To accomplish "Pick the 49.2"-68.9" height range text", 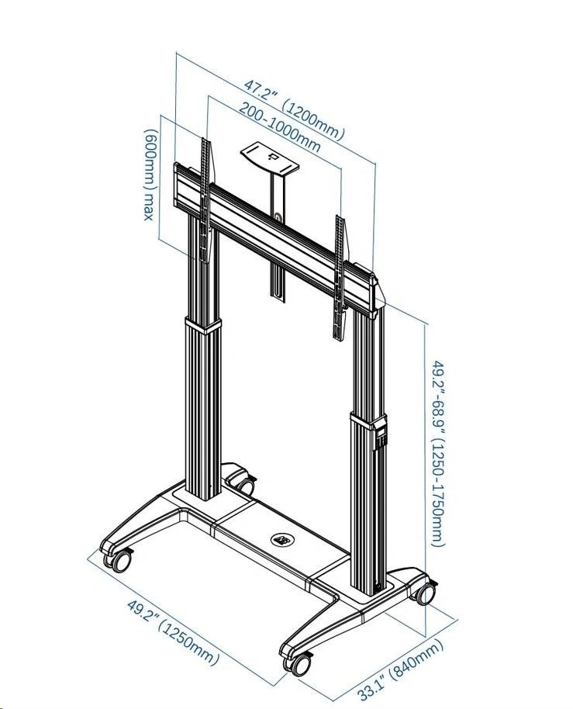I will click(x=438, y=396).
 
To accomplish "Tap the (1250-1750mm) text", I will click(x=438, y=496).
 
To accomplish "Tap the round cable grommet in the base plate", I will click(x=281, y=538).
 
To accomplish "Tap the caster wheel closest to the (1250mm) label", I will click(x=119, y=560).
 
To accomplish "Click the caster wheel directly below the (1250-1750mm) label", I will click(x=424, y=593).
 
